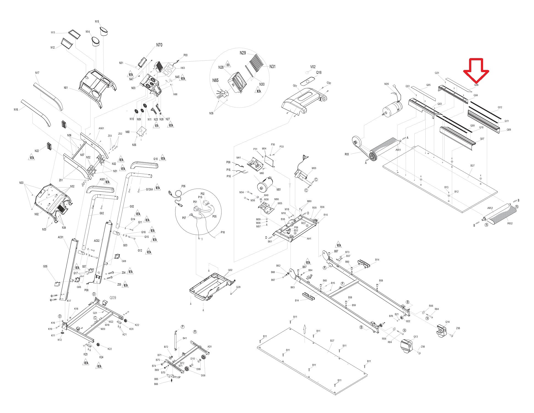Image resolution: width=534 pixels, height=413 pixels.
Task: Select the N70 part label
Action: (159, 45)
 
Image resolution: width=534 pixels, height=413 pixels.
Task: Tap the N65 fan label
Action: (215, 80)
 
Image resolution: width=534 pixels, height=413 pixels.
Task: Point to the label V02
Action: (313, 67)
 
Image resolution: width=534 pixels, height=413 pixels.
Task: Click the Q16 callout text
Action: (319, 73)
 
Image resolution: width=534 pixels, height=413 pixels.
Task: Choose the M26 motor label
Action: (387, 84)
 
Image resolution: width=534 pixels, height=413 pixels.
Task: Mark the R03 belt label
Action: (347, 154)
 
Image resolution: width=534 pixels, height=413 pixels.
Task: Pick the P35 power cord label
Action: (184, 186)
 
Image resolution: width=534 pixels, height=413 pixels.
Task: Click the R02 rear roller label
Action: (510, 223)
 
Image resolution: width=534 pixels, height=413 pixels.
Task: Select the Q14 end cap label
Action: (448, 322)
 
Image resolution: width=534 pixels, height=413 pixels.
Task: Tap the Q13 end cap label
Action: (415, 337)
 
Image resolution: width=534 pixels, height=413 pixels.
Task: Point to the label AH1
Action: (309, 239)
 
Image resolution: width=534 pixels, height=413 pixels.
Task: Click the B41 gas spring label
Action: (185, 338)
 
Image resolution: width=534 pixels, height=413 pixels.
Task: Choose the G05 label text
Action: (45, 266)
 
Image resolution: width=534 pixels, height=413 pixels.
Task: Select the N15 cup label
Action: (97, 21)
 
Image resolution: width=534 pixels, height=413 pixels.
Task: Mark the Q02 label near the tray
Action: (230, 270)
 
